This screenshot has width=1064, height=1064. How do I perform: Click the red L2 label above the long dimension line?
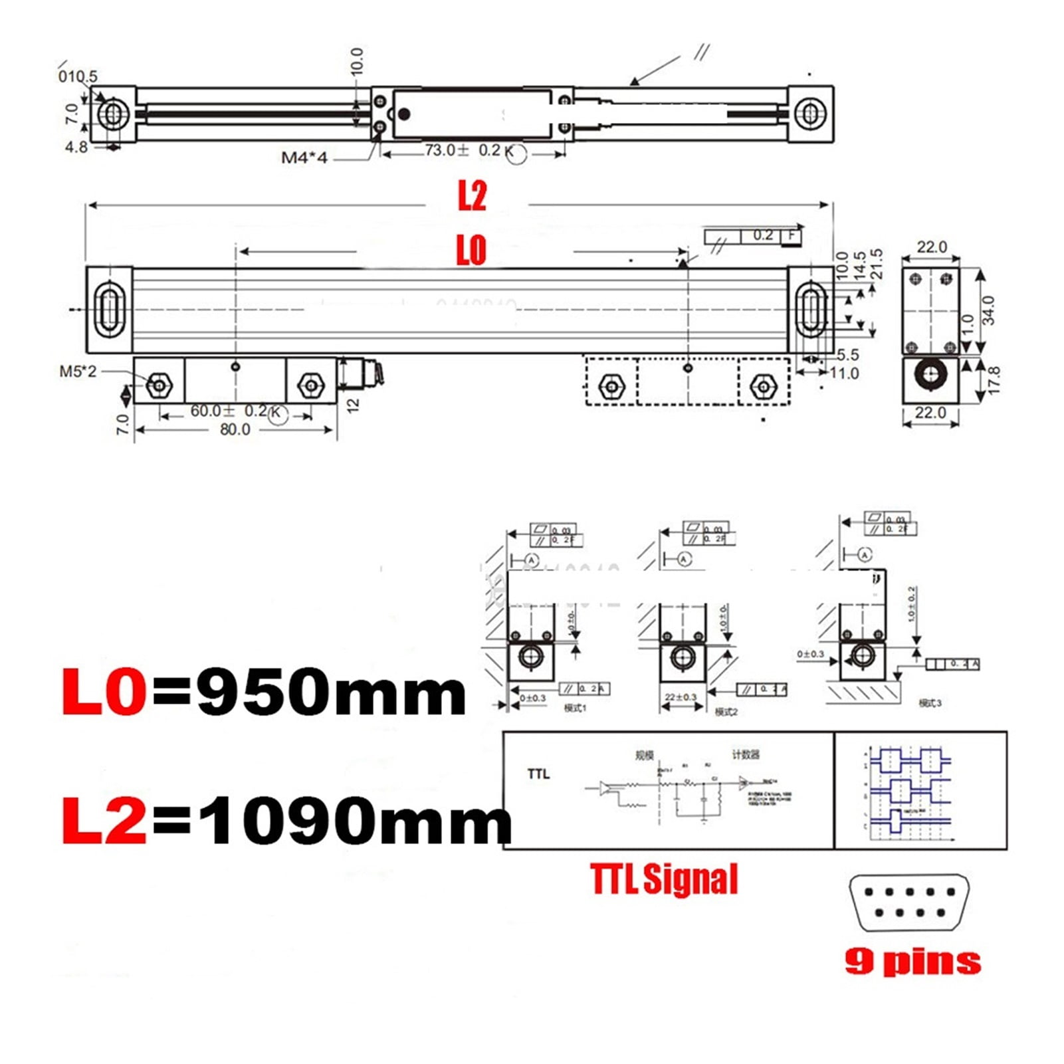[x=472, y=196]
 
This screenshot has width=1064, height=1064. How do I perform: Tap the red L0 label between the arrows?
[x=471, y=250]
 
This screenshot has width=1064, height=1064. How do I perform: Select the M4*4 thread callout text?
[x=304, y=158]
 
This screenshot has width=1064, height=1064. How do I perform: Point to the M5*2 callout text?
[x=78, y=372]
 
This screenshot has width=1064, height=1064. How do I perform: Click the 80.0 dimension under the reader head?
[x=235, y=430]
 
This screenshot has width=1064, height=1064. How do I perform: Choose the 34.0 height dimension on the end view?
[x=988, y=310]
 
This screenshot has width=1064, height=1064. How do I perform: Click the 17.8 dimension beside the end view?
[x=994, y=380]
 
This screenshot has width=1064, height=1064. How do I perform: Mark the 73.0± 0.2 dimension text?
[x=463, y=151]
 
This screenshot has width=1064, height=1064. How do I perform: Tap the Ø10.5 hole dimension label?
[x=78, y=76]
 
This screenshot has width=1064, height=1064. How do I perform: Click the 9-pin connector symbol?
[x=908, y=903]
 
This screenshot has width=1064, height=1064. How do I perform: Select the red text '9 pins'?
[x=912, y=961]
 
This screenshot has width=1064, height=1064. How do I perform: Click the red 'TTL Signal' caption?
[x=664, y=879]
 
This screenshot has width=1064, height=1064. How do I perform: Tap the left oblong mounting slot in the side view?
[x=108, y=310]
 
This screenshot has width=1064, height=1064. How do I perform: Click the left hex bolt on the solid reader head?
[x=159, y=385]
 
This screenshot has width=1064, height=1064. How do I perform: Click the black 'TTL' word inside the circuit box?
[x=538, y=774]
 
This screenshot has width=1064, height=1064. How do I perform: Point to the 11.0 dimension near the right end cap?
[x=844, y=373]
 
